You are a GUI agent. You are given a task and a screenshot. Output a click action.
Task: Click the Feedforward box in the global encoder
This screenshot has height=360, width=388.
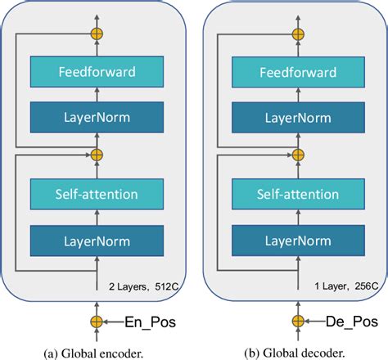coord(97,71)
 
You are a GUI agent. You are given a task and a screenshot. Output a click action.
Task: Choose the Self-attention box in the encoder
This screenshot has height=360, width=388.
coord(97,194)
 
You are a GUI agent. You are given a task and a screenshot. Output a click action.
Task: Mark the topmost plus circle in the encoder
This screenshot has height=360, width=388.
coord(97,35)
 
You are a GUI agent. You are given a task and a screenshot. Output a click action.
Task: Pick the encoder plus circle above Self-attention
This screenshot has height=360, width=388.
coord(97,153)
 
